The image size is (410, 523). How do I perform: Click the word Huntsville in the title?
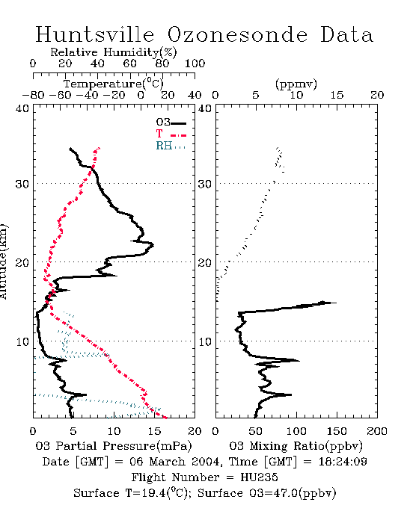[x=95, y=34]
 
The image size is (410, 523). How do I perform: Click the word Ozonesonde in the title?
[x=237, y=34]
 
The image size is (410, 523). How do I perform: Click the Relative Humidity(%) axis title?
[x=114, y=52]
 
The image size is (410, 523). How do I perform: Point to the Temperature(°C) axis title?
[x=114, y=84]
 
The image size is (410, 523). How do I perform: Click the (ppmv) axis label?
[x=296, y=84]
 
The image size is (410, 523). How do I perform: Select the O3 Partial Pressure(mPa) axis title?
[x=114, y=446]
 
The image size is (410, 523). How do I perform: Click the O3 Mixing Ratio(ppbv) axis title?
[x=296, y=446]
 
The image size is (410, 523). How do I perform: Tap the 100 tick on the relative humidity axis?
[x=195, y=64]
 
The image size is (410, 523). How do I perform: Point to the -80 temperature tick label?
[x=33, y=96]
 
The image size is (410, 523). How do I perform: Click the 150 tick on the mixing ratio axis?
[x=337, y=431]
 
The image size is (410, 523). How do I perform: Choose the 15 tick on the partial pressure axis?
[x=154, y=431]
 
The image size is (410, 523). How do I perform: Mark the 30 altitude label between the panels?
[x=205, y=184]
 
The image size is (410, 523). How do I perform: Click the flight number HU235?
[x=259, y=477]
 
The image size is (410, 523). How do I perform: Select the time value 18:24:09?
[x=343, y=462]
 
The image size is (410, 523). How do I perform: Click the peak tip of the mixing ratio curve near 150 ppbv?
[x=336, y=303]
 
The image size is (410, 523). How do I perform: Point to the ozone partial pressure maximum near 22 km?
[x=153, y=245]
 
